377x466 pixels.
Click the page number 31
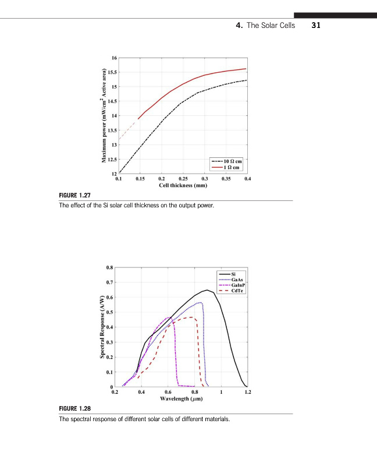316,26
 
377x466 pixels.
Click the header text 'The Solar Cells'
271,26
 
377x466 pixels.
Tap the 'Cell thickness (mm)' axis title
183,185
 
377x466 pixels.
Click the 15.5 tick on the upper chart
113,72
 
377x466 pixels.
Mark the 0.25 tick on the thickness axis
183,179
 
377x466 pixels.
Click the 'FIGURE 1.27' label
75,196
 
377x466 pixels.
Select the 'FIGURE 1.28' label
75,410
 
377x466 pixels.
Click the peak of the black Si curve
207,290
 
